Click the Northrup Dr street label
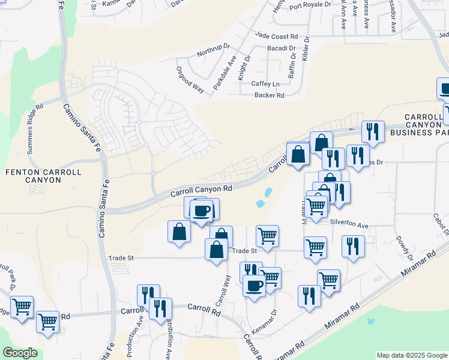point(214,49)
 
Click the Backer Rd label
point(269,95)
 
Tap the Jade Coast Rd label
point(276,37)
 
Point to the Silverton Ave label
point(349,224)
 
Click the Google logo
point(20,353)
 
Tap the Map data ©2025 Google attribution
point(412,355)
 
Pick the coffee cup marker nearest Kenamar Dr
point(255,285)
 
